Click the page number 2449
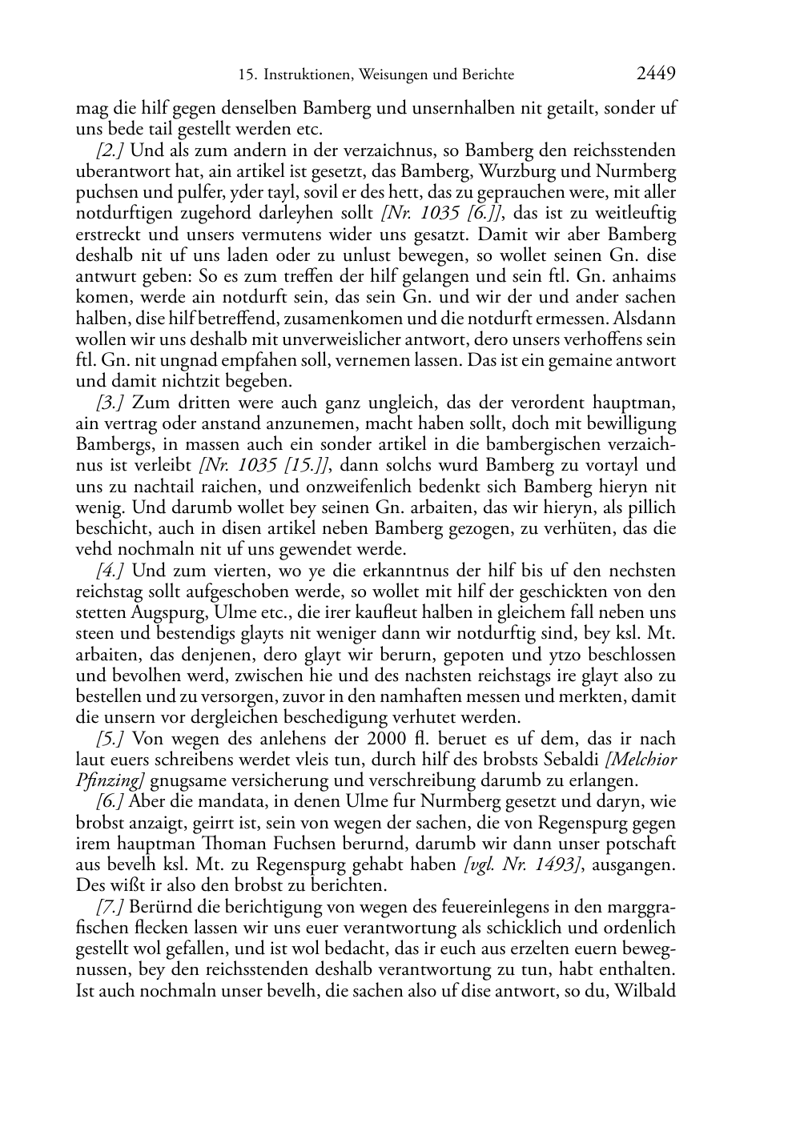click(657, 74)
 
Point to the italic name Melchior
click(645, 760)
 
